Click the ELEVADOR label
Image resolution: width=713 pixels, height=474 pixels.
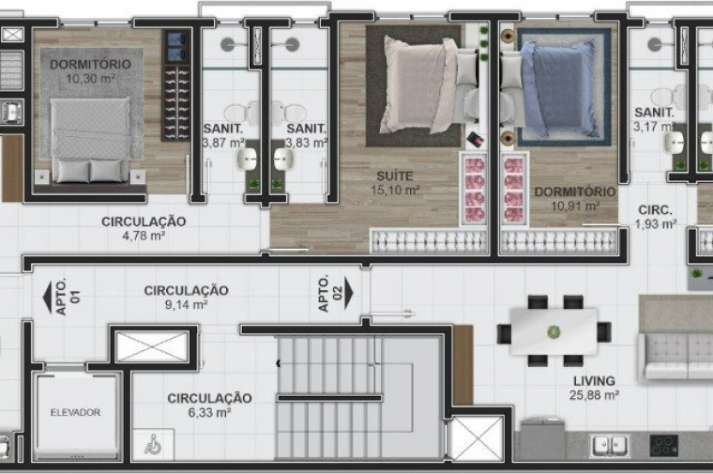pyautogui.click(x=75, y=413)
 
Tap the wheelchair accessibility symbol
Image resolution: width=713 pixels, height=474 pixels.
pyautogui.click(x=153, y=444)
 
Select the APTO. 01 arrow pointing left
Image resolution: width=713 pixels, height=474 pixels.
pyautogui.click(x=47, y=298)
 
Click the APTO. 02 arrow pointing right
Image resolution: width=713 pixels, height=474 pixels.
pyautogui.click(x=349, y=294)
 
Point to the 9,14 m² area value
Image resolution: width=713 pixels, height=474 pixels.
pyautogui.click(x=186, y=304)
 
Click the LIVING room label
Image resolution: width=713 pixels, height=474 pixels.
pyautogui.click(x=594, y=381)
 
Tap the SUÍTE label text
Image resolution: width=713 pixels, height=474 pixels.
pyautogui.click(x=395, y=176)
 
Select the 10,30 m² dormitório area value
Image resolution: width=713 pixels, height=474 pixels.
pyautogui.click(x=90, y=79)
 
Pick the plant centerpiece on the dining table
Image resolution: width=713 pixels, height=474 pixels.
pyautogui.click(x=554, y=332)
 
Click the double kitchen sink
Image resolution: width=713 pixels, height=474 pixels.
pyautogui.click(x=609, y=445)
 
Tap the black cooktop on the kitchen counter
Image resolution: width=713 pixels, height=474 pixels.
pyautogui.click(x=664, y=445)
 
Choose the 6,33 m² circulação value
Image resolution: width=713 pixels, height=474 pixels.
pyautogui.click(x=209, y=413)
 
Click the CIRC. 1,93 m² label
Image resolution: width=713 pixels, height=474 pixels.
pyautogui.click(x=655, y=217)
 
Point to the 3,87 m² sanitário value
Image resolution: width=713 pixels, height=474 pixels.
pyautogui.click(x=223, y=143)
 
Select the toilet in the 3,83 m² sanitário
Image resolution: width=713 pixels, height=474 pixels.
pyautogui.click(x=288, y=112)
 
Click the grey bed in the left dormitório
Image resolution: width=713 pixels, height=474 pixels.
pyautogui.click(x=90, y=141)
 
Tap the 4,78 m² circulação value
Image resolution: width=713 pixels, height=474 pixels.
pyautogui.click(x=144, y=236)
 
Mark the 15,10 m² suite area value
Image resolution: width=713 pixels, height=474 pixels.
pyautogui.click(x=395, y=191)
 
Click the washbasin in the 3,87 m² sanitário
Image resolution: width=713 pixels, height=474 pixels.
pyautogui.click(x=248, y=159)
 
